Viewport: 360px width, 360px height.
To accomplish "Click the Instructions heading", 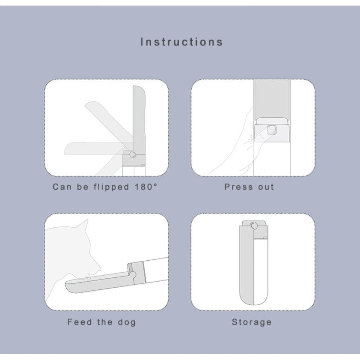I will (181, 42).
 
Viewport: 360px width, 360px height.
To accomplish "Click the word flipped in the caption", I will (111, 187).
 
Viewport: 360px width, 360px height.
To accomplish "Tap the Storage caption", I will (252, 322).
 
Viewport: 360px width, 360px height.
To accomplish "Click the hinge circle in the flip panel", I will (132, 154).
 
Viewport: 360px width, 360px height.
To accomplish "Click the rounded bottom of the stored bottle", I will (253, 298).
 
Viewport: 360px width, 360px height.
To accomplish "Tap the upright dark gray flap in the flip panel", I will (139, 116).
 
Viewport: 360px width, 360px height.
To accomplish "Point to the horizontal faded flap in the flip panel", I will (92, 148).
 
